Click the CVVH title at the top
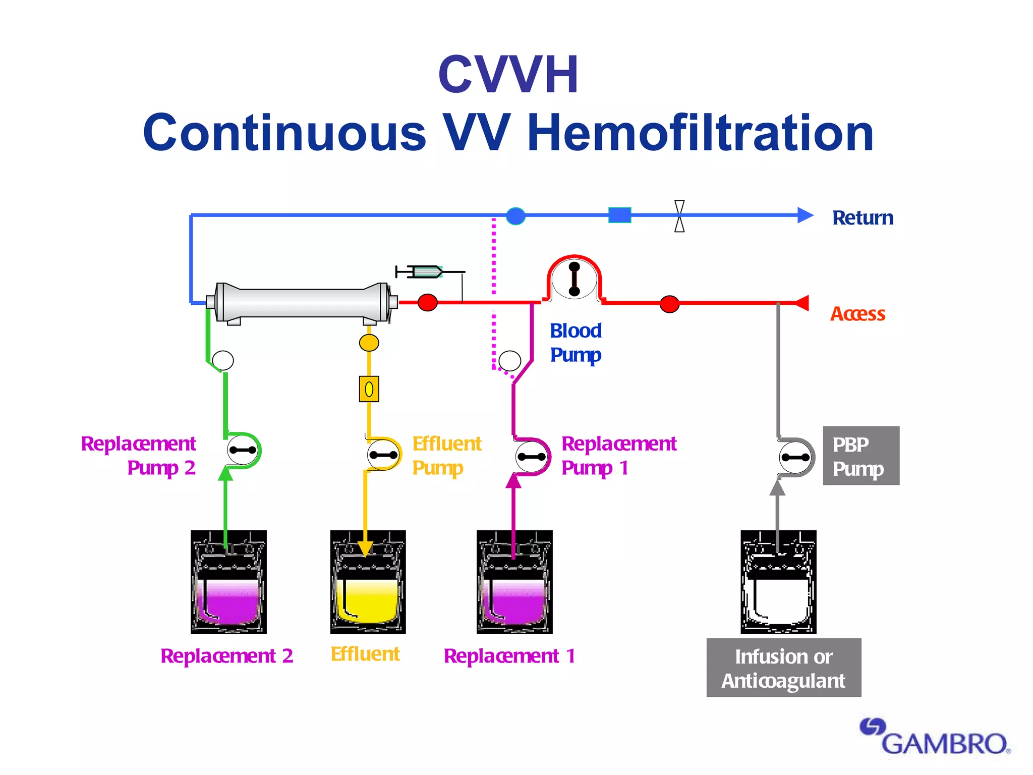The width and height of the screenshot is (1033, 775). [x=508, y=75]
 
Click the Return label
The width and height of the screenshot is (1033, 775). [x=863, y=218]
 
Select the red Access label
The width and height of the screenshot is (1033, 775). [x=857, y=314]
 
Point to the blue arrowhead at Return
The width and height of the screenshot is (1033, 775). [x=805, y=215]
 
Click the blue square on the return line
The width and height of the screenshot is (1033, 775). [x=619, y=215]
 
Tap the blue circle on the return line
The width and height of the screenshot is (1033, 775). [x=515, y=216]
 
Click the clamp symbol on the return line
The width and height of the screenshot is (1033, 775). [x=679, y=216]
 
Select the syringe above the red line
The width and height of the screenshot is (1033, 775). [x=427, y=272]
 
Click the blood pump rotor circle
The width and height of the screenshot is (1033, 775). [x=574, y=279]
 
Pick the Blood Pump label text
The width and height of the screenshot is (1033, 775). [x=576, y=343]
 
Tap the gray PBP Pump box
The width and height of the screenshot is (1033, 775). [x=860, y=456]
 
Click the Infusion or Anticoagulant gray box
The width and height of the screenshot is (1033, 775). [x=783, y=668]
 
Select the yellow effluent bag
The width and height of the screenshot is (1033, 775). [x=368, y=582]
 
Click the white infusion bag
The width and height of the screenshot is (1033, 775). [x=778, y=582]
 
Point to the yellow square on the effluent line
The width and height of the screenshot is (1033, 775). [x=369, y=389]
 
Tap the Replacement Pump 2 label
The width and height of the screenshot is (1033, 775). [x=138, y=456]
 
